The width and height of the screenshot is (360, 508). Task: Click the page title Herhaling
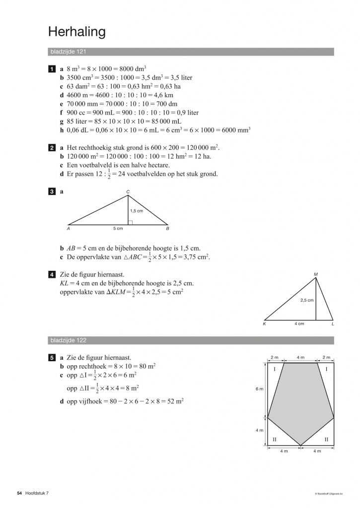tap(77, 33)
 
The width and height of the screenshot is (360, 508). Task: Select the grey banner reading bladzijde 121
tap(191, 52)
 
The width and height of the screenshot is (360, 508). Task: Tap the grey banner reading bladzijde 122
tap(191, 340)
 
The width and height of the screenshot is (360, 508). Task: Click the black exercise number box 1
tap(52, 68)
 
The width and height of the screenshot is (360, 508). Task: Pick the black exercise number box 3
tap(52, 191)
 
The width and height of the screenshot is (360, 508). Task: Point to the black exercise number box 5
tap(52, 357)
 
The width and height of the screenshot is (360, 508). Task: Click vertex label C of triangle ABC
tap(128, 191)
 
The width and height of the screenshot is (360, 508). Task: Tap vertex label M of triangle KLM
tap(316, 274)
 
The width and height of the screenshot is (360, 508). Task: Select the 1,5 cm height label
tap(136, 211)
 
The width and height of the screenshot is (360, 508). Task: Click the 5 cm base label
tap(118, 229)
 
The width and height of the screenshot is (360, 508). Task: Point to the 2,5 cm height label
tap(306, 300)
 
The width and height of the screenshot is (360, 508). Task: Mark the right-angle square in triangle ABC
tap(130, 222)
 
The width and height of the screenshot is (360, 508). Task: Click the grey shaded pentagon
tap(300, 402)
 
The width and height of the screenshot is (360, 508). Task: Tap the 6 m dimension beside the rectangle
tap(259, 389)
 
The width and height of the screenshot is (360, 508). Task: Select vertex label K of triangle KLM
tap(264, 324)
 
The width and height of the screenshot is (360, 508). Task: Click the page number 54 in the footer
tap(19, 493)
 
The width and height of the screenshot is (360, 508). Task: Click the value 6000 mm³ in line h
tap(235, 130)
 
